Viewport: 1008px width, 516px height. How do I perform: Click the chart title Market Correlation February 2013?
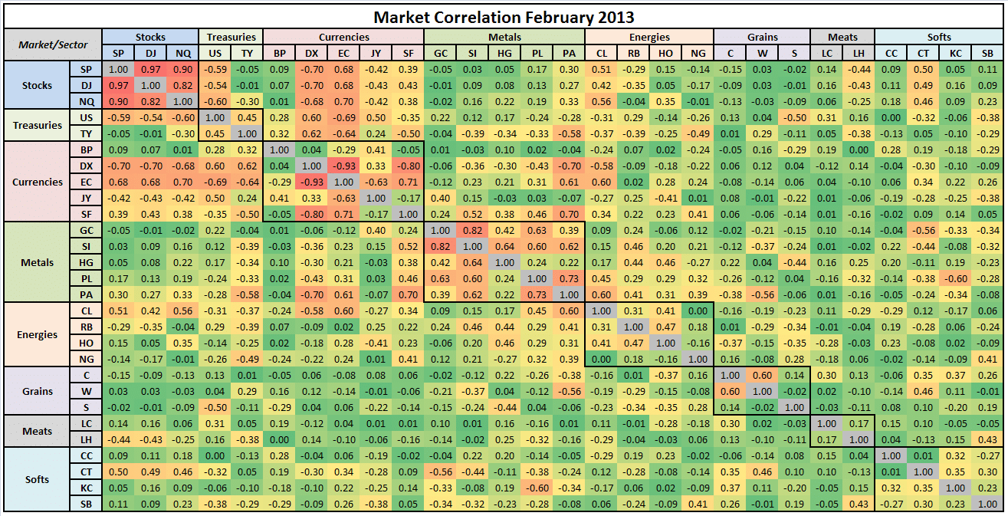504,16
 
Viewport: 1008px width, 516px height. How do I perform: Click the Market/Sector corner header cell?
53,44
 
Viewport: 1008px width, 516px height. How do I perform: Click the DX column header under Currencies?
310,53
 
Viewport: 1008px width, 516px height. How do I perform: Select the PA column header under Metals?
568,53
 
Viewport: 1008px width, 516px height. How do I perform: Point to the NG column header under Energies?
697,53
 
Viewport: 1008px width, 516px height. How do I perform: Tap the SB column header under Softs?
987,53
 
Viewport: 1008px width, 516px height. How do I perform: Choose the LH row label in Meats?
87,439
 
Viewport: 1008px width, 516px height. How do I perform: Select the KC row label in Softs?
87,488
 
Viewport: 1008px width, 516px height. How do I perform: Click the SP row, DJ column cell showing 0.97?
149,69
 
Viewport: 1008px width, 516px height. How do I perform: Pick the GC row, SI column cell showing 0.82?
471,230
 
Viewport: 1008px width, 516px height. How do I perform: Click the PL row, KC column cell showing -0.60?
954,278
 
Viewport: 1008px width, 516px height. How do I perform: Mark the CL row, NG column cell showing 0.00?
697,311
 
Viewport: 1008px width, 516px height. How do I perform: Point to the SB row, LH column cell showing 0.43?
858,504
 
